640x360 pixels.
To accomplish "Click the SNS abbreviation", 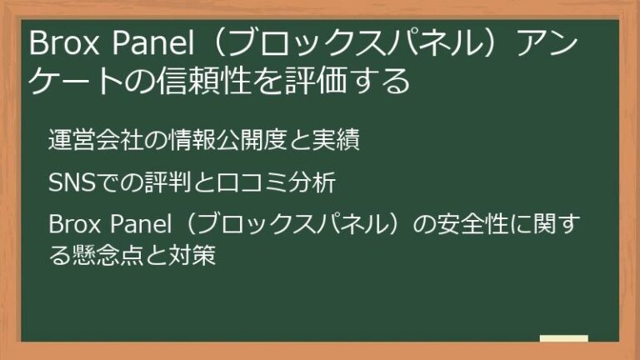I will click(x=69, y=182).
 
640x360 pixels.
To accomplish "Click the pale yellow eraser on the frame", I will click(x=563, y=340).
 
